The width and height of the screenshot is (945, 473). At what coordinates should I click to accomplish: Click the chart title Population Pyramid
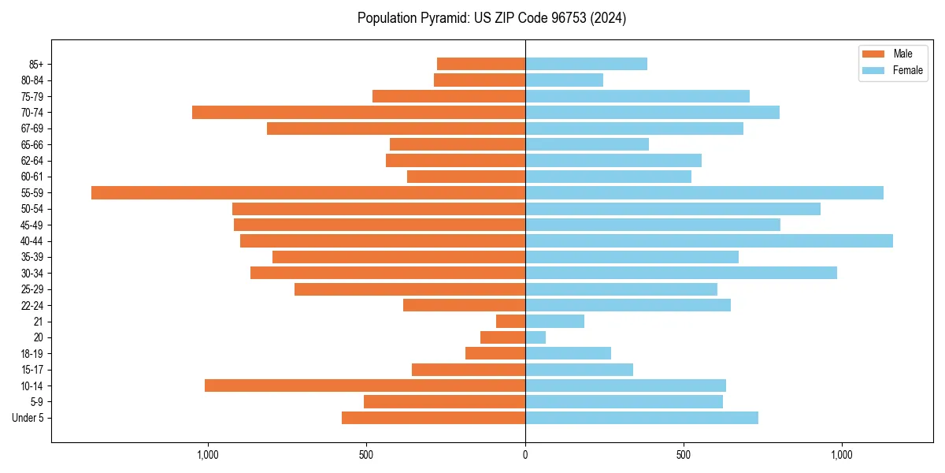491,18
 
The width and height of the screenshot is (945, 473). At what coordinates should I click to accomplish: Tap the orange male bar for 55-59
308,192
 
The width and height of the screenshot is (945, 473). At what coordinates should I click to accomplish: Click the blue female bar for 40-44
709,240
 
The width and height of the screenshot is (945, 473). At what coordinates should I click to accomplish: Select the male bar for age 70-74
358,112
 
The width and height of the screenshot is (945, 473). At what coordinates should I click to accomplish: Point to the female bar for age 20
535,337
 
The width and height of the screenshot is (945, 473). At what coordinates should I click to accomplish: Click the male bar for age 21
510,321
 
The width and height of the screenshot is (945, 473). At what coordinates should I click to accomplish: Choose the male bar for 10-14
365,385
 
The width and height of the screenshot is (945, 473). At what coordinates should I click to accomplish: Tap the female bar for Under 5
642,418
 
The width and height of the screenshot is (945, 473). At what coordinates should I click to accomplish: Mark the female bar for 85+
586,64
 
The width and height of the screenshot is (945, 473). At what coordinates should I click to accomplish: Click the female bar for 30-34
681,273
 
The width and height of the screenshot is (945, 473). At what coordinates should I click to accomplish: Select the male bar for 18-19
495,353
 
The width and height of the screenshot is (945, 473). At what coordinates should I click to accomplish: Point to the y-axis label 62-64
32,161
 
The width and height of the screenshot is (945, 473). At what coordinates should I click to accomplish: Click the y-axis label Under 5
28,418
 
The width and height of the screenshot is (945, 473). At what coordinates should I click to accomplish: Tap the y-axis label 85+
36,64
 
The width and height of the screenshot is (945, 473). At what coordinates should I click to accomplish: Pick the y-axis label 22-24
32,305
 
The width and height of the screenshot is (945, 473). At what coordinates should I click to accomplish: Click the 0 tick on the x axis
525,455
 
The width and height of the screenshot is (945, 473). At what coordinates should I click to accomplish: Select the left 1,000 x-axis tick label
207,455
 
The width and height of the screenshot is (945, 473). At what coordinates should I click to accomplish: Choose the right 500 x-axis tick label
684,455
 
